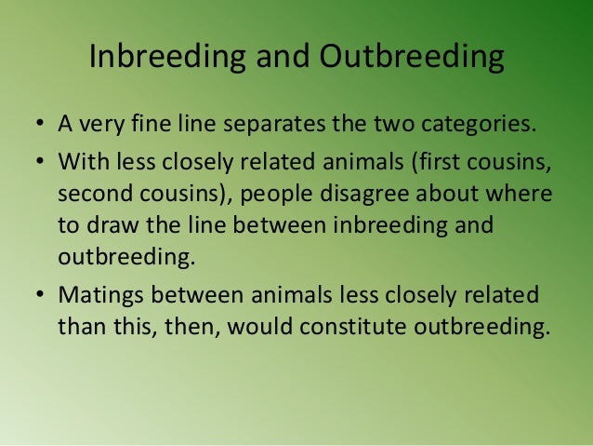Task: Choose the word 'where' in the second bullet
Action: [x=521, y=197]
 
